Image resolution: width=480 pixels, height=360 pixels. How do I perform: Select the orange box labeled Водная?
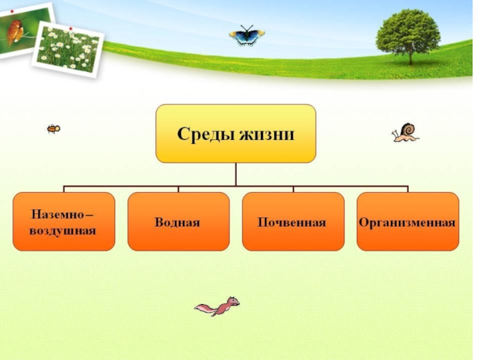[x=178, y=221]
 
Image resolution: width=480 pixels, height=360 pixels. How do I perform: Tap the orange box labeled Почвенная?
[x=293, y=221]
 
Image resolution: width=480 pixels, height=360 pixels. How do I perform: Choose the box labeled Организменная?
[x=407, y=221]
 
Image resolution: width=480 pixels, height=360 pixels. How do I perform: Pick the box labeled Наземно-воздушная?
[x=64, y=221]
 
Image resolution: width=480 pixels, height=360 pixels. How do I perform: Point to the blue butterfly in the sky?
[x=246, y=36]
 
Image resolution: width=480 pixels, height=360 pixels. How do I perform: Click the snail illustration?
[x=405, y=133]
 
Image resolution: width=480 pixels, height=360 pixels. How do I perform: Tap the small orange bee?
[x=53, y=128]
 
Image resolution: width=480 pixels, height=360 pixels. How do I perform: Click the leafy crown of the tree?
[x=408, y=30]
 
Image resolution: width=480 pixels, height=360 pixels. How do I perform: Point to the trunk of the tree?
[x=410, y=58]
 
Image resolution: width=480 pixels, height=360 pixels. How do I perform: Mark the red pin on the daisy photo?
[x=71, y=28]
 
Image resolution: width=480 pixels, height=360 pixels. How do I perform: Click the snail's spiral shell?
[x=408, y=128]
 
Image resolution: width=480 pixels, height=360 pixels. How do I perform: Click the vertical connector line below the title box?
[x=236, y=174]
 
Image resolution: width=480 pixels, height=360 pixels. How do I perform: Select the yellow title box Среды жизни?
[x=236, y=133]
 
